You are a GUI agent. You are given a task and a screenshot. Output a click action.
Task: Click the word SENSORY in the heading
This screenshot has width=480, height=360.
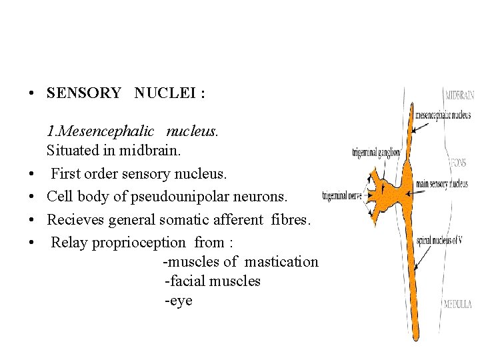[x=84, y=93]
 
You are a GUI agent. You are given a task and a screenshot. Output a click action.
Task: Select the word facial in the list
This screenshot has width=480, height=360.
[x=186, y=281]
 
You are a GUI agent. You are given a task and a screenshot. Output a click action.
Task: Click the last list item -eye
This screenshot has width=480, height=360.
[x=178, y=300]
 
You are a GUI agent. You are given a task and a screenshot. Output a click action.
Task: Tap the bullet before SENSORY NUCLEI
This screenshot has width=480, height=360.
[x=32, y=94]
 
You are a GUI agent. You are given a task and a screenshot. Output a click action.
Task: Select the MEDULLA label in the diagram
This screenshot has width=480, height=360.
[x=459, y=304]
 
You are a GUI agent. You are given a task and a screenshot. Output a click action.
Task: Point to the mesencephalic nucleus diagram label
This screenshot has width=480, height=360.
[x=443, y=115]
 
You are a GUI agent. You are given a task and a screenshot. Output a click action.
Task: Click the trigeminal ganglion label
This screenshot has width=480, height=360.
[x=376, y=153]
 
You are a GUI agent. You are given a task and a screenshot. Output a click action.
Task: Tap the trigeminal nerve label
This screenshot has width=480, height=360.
[x=342, y=196]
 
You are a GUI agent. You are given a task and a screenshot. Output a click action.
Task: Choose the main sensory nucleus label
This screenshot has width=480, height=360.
[x=442, y=184]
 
